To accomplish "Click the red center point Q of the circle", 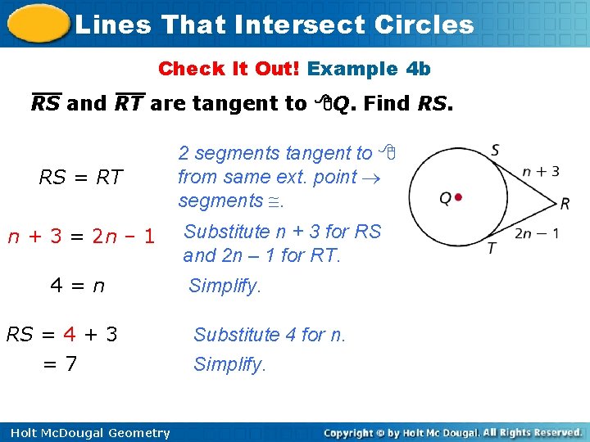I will [458, 196].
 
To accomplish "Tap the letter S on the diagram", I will [496, 151].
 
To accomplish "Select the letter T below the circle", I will [492, 248].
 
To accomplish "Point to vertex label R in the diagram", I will [565, 203].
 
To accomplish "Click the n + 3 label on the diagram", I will [541, 171].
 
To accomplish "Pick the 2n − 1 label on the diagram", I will [537, 233].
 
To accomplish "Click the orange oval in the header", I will [37, 24].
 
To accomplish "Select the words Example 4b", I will [369, 69].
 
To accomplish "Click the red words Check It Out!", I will [229, 69].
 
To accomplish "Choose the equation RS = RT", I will [81, 177].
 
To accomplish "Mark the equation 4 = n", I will [77, 286].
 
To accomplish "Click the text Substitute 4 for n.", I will [270, 335].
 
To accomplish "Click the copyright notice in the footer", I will [452, 432].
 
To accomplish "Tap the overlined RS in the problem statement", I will [45, 104].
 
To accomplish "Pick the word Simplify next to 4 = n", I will [224, 286].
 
